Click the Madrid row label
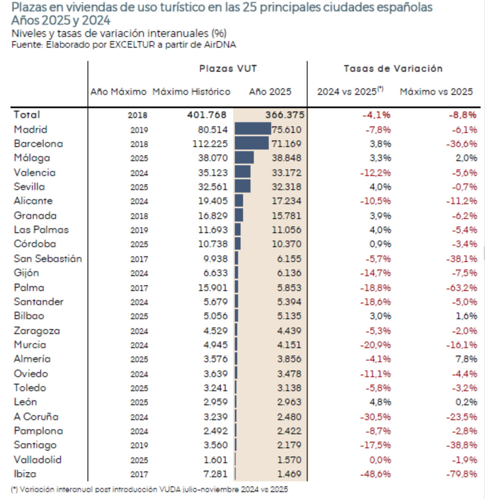click(31, 129)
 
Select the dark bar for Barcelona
click(251, 143)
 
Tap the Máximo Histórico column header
click(191, 92)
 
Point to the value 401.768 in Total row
click(207, 115)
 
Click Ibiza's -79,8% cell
click(461, 474)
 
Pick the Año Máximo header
click(118, 92)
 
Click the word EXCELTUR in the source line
click(132, 44)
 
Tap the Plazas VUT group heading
click(228, 69)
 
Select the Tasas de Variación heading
click(393, 69)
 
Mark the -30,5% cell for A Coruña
click(375, 417)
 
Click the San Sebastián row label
click(48, 259)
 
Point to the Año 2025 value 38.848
click(286, 158)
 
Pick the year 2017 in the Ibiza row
click(139, 474)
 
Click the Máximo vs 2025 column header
click(436, 92)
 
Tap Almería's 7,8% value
click(466, 359)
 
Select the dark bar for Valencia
click(242, 172)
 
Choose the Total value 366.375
click(285, 115)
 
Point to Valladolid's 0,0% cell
click(380, 460)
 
